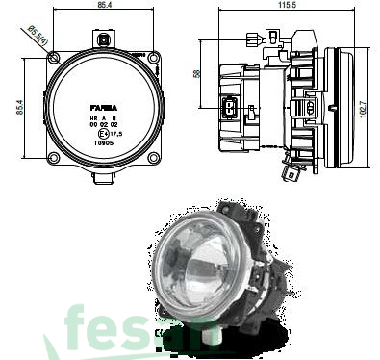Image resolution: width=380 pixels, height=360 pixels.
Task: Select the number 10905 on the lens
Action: click(x=103, y=141)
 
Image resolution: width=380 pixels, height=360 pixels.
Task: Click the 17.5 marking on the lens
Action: click(x=117, y=132)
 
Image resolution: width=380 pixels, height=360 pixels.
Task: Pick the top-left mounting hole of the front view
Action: click(x=52, y=57)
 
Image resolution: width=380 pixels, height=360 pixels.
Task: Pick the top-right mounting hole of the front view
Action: click(x=152, y=57)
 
